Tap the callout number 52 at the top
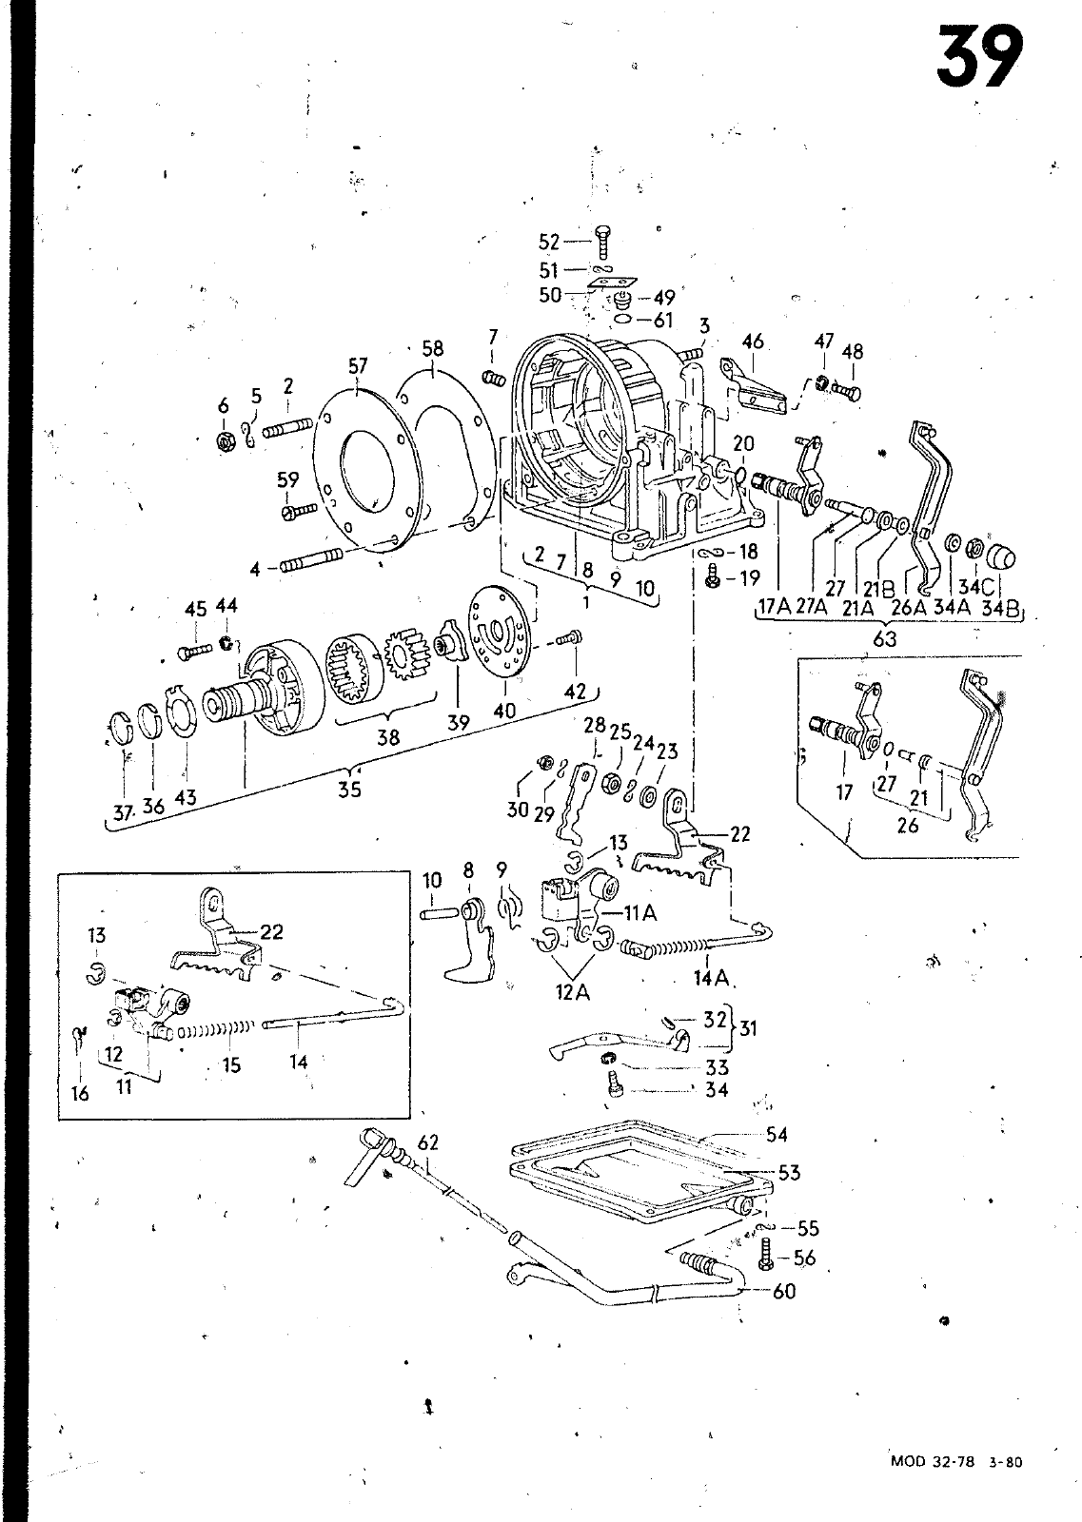point(549,242)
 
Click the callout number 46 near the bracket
point(753,341)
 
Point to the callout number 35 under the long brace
point(349,789)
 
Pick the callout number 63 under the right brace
point(884,638)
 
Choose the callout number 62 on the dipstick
point(428,1141)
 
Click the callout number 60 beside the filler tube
point(785,1291)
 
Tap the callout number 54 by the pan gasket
point(777,1135)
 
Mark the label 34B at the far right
point(999,607)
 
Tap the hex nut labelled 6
point(226,441)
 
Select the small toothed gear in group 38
point(406,651)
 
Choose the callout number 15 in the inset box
point(231,1064)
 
